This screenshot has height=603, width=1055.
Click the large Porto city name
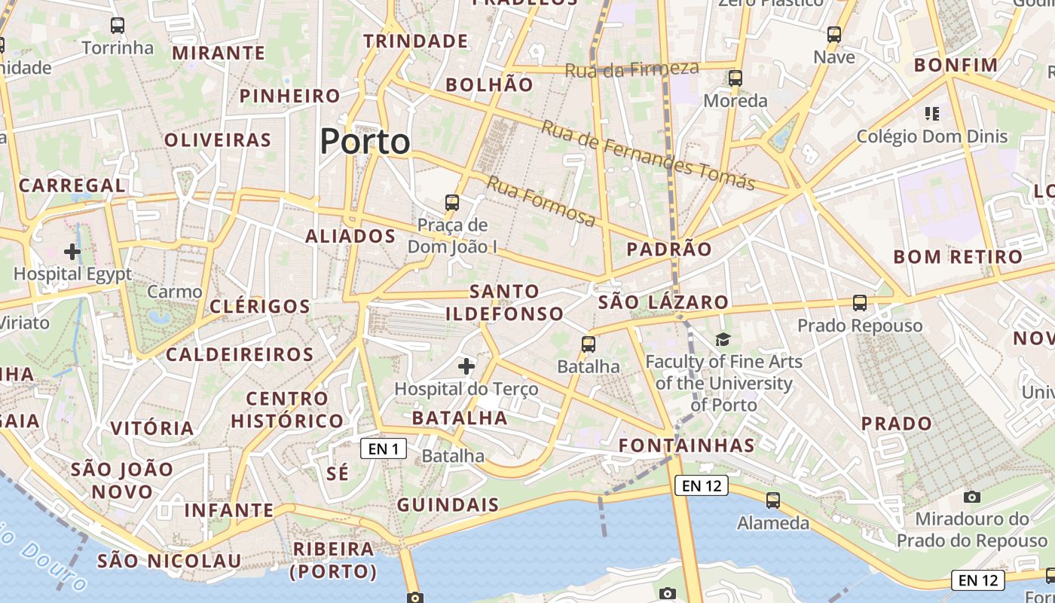[365, 142]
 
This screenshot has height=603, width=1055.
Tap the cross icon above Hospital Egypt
[72, 251]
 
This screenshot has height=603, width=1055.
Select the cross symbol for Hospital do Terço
[466, 366]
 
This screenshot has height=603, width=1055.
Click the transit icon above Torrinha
[118, 25]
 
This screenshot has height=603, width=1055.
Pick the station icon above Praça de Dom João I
[452, 202]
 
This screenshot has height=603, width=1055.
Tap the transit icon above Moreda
[735, 78]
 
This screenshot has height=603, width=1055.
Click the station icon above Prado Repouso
[860, 303]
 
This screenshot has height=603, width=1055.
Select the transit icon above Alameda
[773, 500]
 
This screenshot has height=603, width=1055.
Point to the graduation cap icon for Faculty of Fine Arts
[723, 339]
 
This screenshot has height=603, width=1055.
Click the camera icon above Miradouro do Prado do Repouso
[972, 497]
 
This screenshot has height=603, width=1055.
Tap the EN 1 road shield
[384, 449]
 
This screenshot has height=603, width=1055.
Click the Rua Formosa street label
[541, 201]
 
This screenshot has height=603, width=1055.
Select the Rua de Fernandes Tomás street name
[648, 156]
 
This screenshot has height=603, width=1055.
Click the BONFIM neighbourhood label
[956, 65]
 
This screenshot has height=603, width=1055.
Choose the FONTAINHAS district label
[687, 445]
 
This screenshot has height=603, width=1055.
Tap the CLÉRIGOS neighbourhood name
[259, 306]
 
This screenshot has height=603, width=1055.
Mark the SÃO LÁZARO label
[663, 303]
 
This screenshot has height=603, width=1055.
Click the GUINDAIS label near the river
[448, 505]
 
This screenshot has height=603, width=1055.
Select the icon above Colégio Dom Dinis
[932, 114]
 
